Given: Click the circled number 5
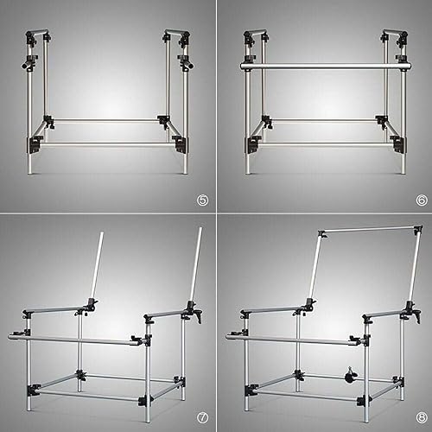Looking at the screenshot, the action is pyautogui.click(x=203, y=200).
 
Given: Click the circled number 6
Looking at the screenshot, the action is pyautogui.click(x=422, y=200).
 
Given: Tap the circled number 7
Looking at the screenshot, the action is pyautogui.click(x=203, y=418).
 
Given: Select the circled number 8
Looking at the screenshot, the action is pyautogui.click(x=422, y=418).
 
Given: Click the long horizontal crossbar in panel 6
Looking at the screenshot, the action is pyautogui.click(x=326, y=67).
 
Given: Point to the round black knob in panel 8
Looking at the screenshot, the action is pyautogui.click(x=350, y=376).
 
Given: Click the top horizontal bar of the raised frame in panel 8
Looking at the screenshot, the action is pyautogui.click(x=370, y=230).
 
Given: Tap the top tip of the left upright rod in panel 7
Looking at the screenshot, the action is pyautogui.click(x=102, y=232).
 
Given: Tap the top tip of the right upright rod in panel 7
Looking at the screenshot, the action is pyautogui.click(x=200, y=228).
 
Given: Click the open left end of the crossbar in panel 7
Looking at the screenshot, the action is pyautogui.click(x=10, y=337).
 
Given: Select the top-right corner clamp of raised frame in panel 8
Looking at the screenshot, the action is pyautogui.click(x=418, y=230).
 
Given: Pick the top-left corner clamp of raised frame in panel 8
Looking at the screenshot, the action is pyautogui.click(x=322, y=233).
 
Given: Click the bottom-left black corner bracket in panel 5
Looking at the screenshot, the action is pyautogui.click(x=34, y=145).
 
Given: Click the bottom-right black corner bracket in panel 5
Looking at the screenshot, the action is pyautogui.click(x=181, y=143).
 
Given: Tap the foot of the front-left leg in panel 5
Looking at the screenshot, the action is pyautogui.click(x=30, y=172).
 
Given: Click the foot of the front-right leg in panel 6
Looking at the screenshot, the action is pyautogui.click(x=404, y=172).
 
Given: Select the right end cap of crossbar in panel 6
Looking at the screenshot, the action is pyautogui.click(x=410, y=66).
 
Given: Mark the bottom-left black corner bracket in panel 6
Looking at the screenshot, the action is pyautogui.click(x=252, y=145).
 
